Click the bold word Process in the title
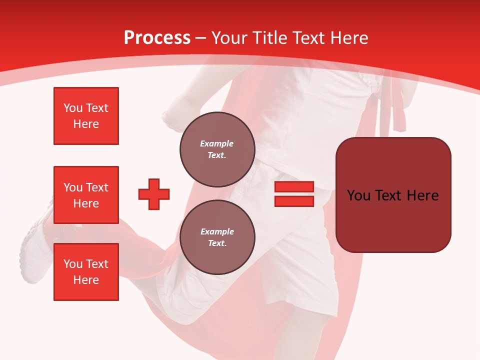click(x=157, y=38)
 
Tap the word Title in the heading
click(x=269, y=38)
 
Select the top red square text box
click(x=86, y=116)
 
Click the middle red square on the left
click(x=86, y=195)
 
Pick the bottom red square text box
click(x=86, y=272)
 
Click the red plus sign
click(x=154, y=194)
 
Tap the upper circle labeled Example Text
click(x=217, y=149)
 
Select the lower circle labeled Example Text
click(x=217, y=237)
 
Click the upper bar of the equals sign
click(x=294, y=187)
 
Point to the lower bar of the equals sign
click(x=294, y=201)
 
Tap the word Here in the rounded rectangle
click(x=422, y=195)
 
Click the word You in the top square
click(x=72, y=108)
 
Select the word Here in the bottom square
click(x=86, y=280)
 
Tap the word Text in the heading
click(x=309, y=38)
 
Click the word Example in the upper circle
click(x=217, y=144)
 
